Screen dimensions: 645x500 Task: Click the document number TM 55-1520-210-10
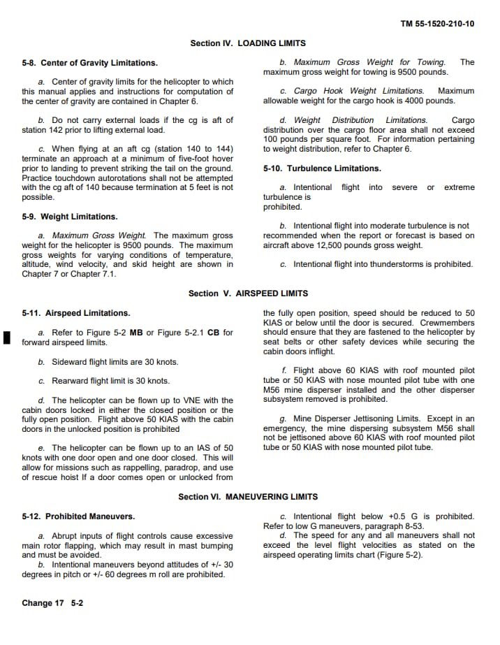click(x=437, y=24)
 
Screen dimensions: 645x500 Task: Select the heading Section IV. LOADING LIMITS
click(x=248, y=43)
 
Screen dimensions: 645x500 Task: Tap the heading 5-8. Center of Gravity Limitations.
click(x=90, y=63)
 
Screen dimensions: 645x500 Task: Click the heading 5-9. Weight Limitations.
click(x=70, y=217)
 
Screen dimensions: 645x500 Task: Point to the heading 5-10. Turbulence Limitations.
click(x=322, y=168)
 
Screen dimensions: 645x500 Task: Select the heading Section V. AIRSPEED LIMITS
click(x=248, y=293)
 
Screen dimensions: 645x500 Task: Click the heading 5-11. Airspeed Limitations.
click(x=76, y=313)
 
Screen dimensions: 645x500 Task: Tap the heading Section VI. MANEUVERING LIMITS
click(x=248, y=497)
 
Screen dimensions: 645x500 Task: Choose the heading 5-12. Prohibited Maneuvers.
click(x=79, y=516)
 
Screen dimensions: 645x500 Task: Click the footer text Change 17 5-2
click(x=52, y=603)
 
